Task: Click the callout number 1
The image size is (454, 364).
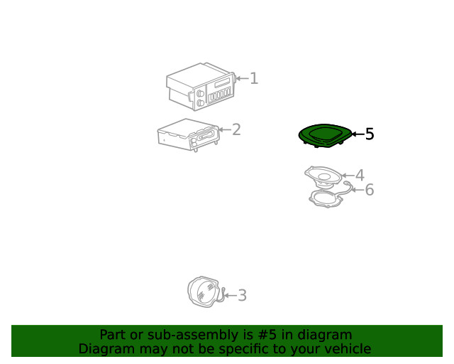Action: (x=254, y=78)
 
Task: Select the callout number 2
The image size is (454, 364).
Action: (x=236, y=129)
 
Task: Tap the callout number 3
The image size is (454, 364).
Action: (x=242, y=295)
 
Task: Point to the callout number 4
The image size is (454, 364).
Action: (x=360, y=176)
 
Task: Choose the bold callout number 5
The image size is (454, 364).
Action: (x=370, y=134)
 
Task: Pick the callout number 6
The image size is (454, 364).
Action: (x=370, y=190)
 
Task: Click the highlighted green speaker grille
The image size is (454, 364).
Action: (x=326, y=136)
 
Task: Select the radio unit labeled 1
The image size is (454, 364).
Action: (x=201, y=87)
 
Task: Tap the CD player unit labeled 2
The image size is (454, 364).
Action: (x=188, y=135)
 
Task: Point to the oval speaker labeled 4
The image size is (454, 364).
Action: (x=323, y=177)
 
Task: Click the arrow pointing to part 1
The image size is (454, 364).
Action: (x=243, y=78)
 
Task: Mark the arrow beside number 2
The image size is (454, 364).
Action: (x=225, y=129)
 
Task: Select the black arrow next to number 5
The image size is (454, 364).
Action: (x=358, y=134)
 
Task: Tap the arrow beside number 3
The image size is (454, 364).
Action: (x=231, y=296)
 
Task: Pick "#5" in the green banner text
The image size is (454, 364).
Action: (x=267, y=335)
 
